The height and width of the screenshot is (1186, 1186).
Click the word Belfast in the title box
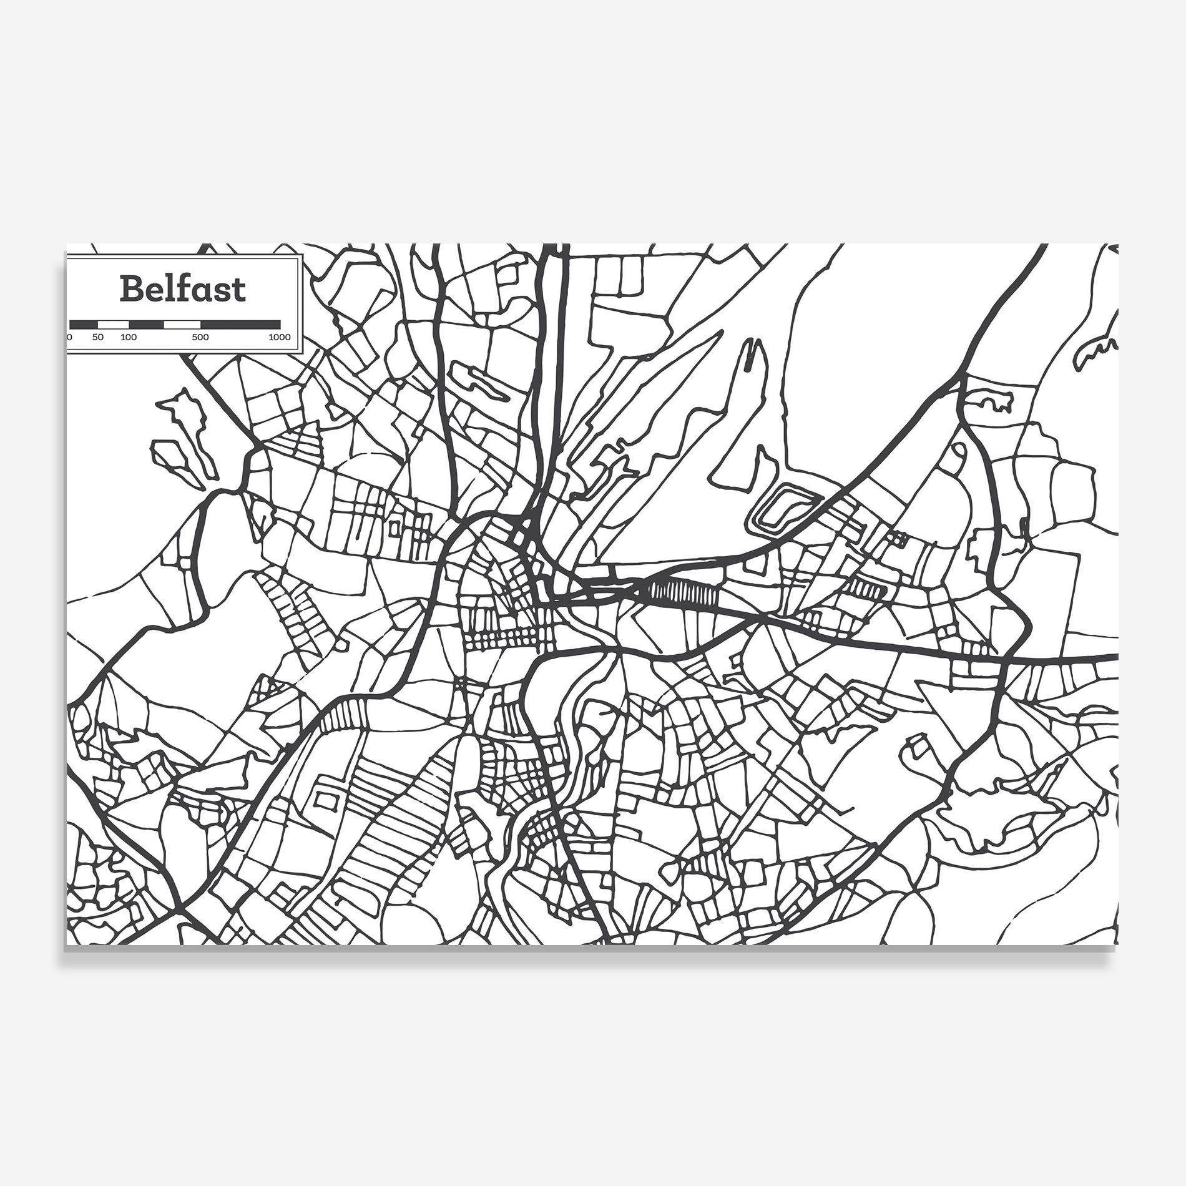[182, 289]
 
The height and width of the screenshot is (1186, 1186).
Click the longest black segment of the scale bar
[240, 325]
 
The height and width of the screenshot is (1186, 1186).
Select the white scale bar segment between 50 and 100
[113, 325]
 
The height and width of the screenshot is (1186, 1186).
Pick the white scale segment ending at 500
[182, 325]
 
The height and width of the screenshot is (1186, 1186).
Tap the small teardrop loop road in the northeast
[956, 459]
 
